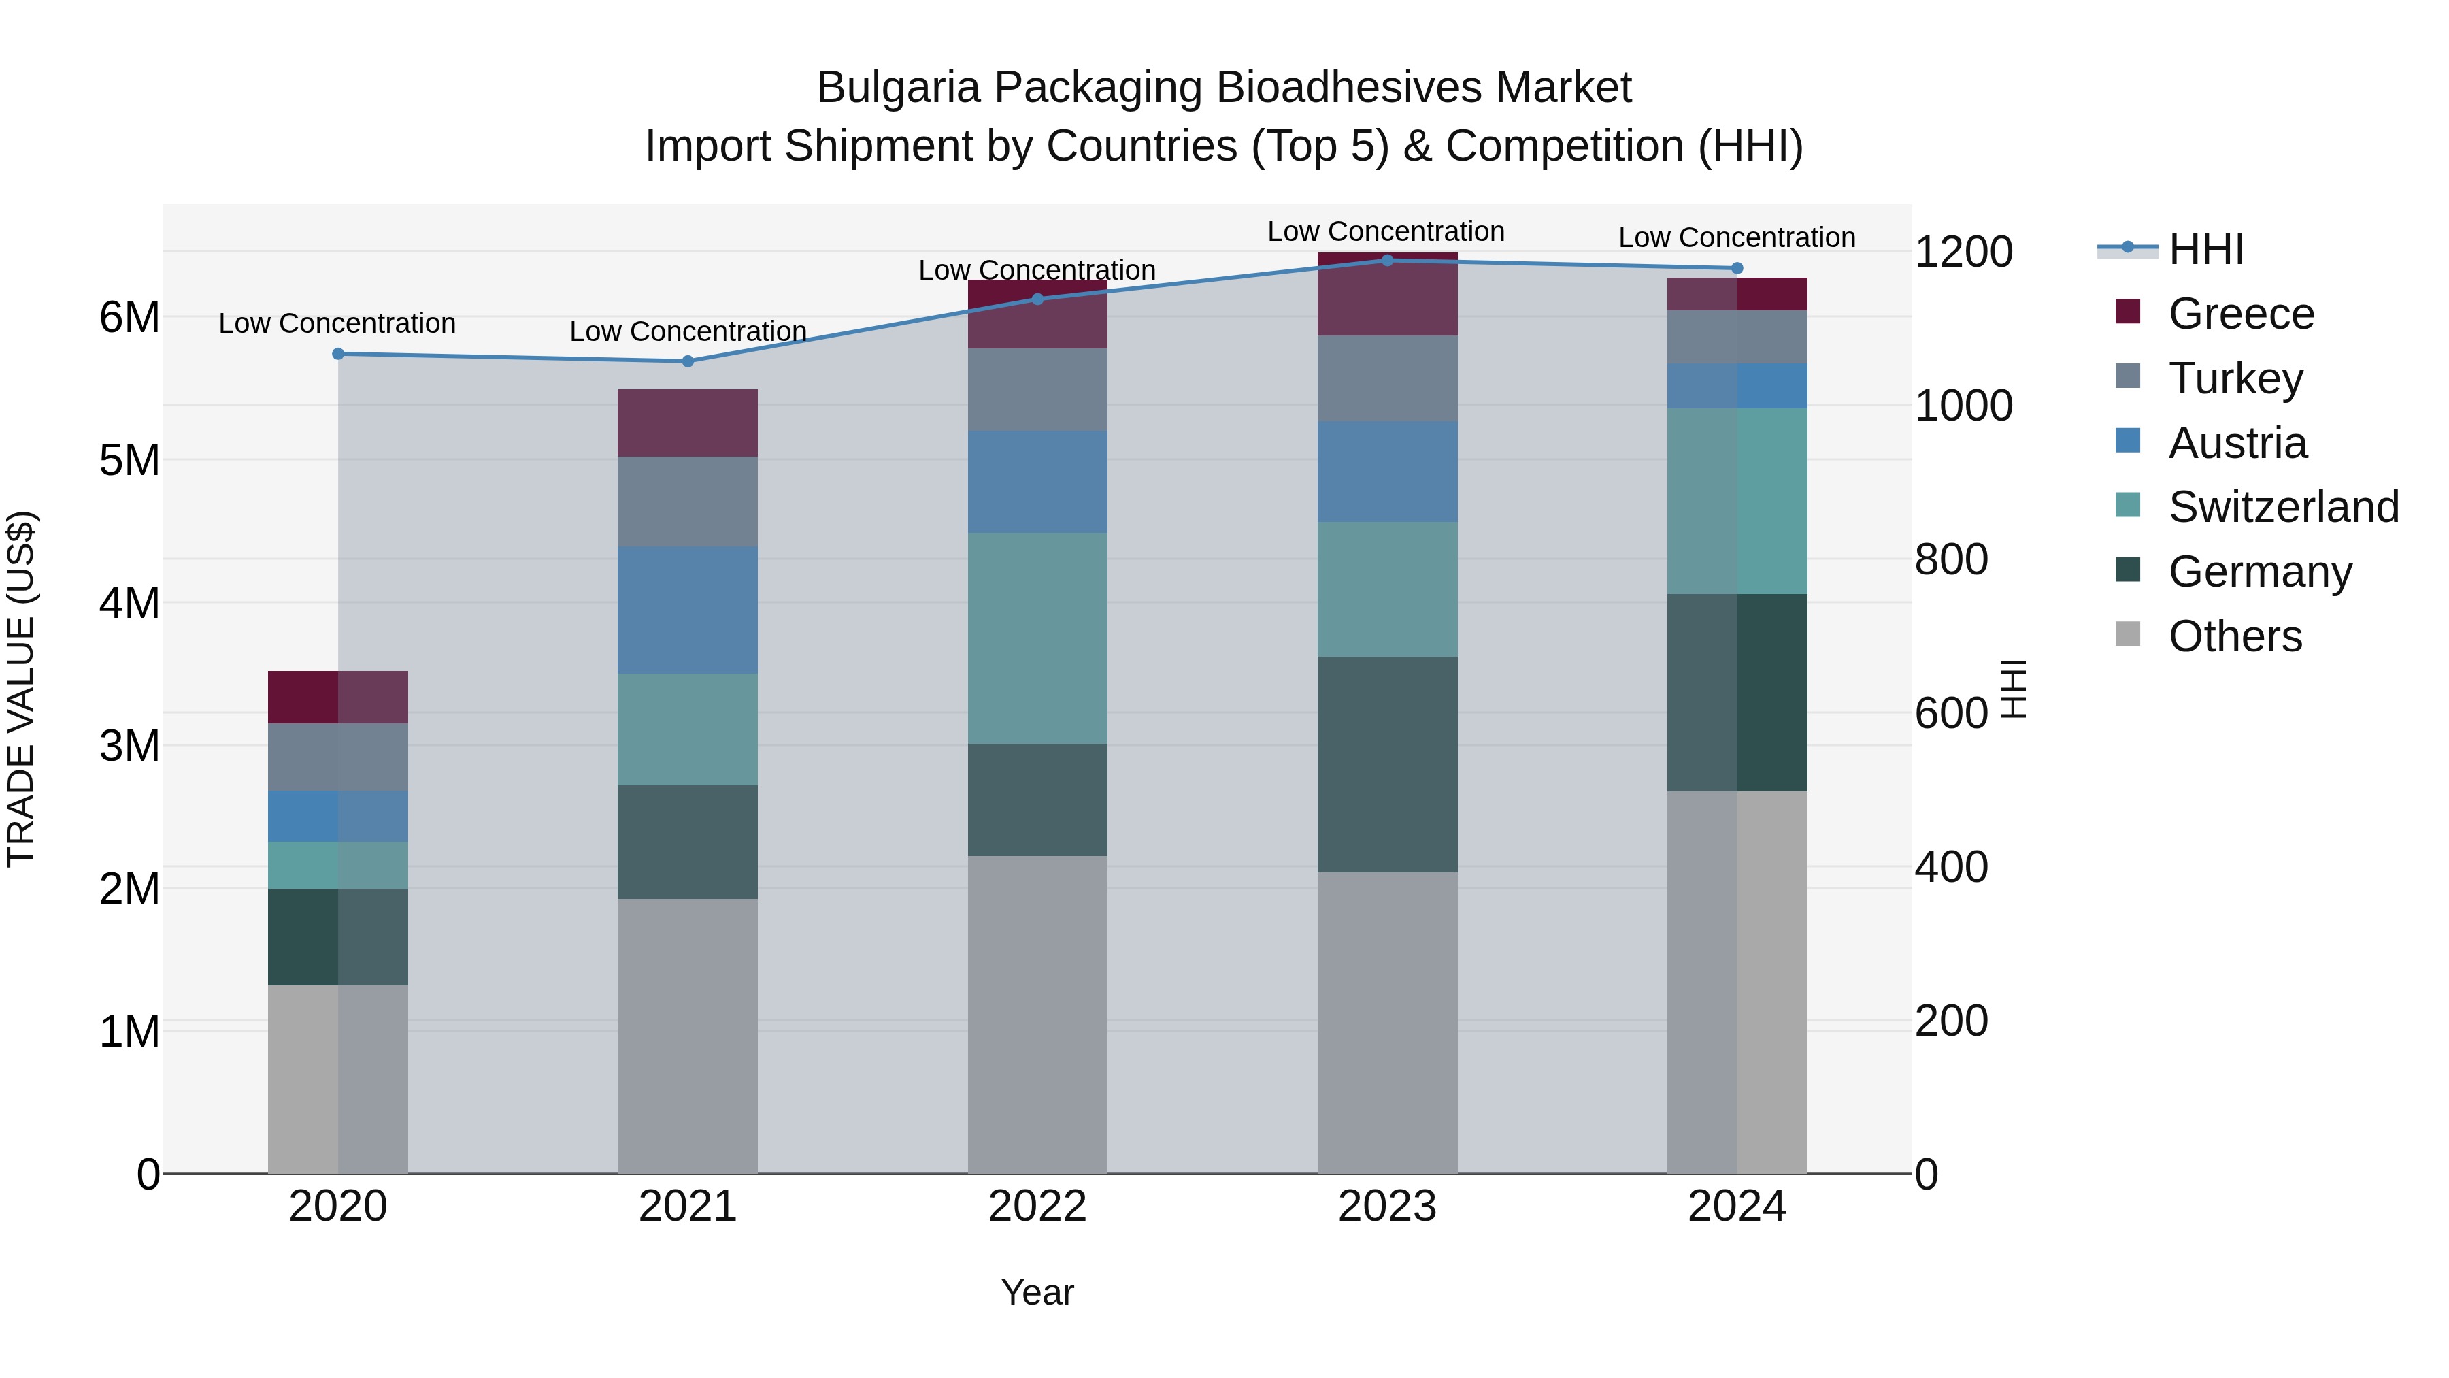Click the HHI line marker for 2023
point(1387,260)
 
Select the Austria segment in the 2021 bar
point(687,610)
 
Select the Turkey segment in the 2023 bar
point(1387,378)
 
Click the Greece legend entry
point(2241,313)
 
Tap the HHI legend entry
point(2205,249)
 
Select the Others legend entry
point(2234,636)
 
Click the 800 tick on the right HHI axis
point(1951,559)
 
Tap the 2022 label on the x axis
point(1037,1206)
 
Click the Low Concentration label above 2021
point(687,331)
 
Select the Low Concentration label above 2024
point(1736,237)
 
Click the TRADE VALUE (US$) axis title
point(21,689)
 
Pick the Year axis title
point(1037,1292)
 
